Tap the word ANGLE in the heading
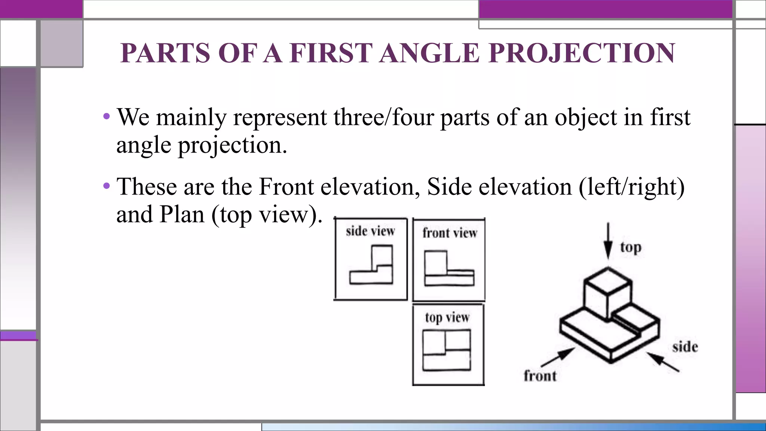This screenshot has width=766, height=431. tap(429, 53)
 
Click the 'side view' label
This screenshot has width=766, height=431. tap(370, 231)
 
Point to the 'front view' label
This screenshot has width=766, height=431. tap(450, 233)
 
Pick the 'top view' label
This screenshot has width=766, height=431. tap(447, 318)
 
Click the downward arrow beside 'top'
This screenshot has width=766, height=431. tap(608, 241)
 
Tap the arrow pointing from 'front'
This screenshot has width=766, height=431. tap(558, 357)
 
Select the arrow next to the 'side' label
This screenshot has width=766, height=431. tap(663, 361)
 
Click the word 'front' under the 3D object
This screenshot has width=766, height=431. tap(540, 376)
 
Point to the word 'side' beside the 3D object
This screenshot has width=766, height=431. tap(685, 347)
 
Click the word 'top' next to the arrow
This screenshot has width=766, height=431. tap(631, 247)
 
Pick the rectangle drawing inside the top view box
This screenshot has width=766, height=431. tap(447, 350)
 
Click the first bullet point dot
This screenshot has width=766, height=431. tap(107, 116)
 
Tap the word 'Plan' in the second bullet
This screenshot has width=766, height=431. tap(182, 214)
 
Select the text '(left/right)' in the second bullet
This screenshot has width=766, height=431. tap(632, 186)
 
